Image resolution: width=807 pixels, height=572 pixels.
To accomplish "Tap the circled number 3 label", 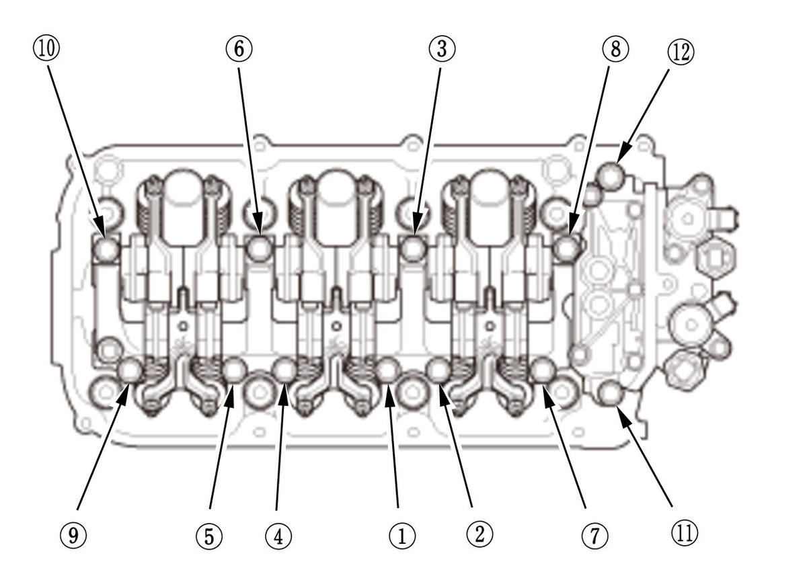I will click(x=442, y=48).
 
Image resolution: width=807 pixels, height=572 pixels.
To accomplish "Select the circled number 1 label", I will click(x=401, y=535).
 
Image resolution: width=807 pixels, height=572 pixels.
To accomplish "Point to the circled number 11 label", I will click(x=683, y=532).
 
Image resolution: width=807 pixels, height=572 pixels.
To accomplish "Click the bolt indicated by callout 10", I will click(x=106, y=249).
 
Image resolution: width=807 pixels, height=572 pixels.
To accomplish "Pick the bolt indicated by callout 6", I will click(x=259, y=248).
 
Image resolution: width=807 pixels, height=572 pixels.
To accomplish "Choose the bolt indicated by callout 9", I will click(x=130, y=370).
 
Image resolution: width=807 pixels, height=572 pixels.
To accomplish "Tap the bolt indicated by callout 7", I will click(x=543, y=370).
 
